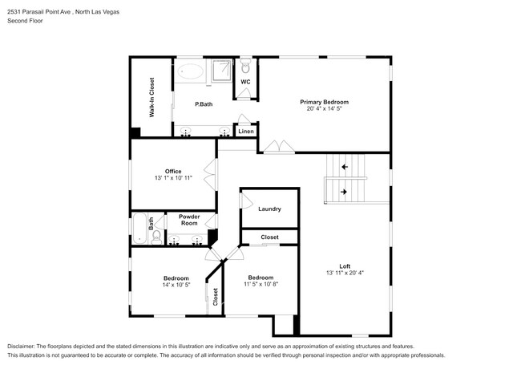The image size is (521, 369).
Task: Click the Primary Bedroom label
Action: point(324,102)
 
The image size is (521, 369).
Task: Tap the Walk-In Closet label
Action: point(151,98)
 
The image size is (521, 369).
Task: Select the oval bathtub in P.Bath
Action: point(191,71)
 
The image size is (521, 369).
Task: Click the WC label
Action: point(245,81)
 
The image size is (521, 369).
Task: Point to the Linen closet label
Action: point(245,131)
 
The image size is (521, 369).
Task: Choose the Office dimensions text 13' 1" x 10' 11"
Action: point(173,177)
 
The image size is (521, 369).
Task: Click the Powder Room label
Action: point(189,220)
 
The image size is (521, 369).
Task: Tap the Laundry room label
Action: point(269,209)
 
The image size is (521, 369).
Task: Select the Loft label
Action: point(345,266)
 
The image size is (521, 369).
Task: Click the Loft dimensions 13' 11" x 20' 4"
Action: point(345,273)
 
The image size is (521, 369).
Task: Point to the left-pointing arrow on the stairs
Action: point(345,167)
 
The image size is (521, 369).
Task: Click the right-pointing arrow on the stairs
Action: point(345,192)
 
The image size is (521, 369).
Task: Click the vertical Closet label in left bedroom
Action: point(215,297)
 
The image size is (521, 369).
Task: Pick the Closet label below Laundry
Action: point(269,237)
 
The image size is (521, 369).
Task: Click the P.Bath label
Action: point(204,104)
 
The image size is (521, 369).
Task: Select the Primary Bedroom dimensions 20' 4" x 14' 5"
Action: point(324,109)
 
